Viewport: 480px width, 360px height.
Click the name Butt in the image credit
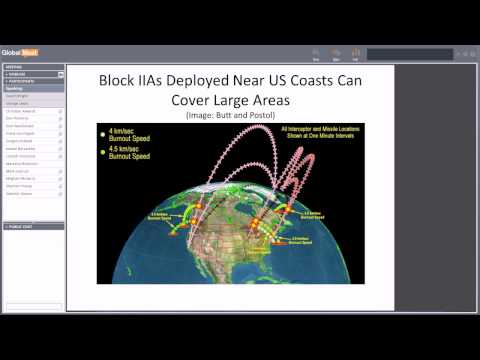pyautogui.click(x=229, y=116)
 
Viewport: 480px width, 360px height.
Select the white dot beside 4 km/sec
pyautogui.click(x=103, y=132)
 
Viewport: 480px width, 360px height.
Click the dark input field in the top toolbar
pyautogui.click(x=409, y=54)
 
